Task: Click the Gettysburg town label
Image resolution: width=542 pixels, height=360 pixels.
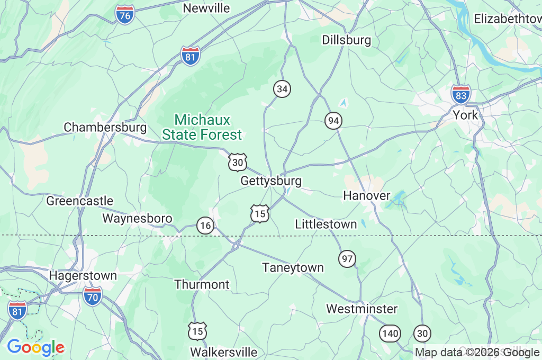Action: click(271, 181)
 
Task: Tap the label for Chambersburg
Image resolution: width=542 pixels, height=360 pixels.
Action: click(105, 128)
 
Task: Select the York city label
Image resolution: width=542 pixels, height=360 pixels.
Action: click(465, 115)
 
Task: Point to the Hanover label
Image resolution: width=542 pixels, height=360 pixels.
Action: click(367, 196)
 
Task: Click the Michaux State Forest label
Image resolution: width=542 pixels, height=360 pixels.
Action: click(202, 128)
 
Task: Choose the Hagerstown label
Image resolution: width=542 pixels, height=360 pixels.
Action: click(83, 276)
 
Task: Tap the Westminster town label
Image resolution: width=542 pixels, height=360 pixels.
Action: click(362, 309)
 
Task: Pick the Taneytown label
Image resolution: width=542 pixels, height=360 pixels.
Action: click(293, 268)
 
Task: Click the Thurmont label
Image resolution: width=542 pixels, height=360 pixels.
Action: click(202, 285)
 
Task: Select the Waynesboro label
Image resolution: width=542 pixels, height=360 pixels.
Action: click(137, 219)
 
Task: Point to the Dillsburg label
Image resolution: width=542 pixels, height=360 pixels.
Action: click(347, 40)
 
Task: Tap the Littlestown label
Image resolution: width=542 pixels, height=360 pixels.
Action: click(326, 224)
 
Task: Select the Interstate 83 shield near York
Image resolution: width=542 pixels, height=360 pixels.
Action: click(461, 94)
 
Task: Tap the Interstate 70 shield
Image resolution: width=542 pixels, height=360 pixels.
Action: click(92, 296)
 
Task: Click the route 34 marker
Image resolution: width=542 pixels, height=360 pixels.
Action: click(282, 89)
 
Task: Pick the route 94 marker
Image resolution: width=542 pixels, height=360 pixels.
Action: click(333, 121)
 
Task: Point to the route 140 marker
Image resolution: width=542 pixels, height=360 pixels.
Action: click(390, 334)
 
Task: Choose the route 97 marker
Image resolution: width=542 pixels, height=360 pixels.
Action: click(347, 259)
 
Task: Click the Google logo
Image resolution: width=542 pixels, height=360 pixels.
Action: click(35, 348)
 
